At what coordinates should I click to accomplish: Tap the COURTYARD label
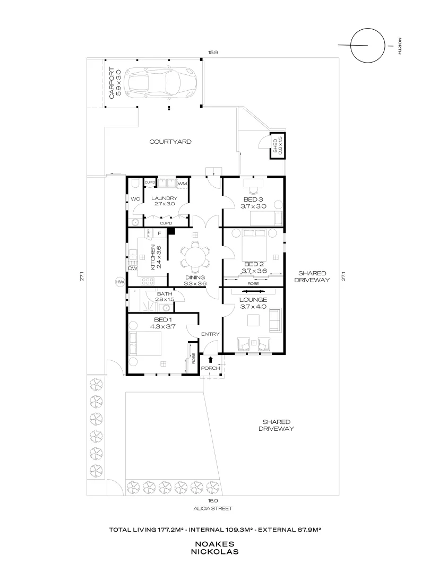point(170,142)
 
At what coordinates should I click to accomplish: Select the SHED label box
point(276,145)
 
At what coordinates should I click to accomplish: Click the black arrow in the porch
point(210,361)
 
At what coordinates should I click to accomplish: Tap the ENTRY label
point(210,334)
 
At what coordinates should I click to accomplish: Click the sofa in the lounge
point(275,320)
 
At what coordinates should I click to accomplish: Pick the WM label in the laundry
point(182,184)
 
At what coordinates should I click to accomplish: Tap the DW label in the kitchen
point(133,268)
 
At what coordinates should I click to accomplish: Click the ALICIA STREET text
point(213,508)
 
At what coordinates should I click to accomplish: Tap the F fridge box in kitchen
point(159,233)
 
